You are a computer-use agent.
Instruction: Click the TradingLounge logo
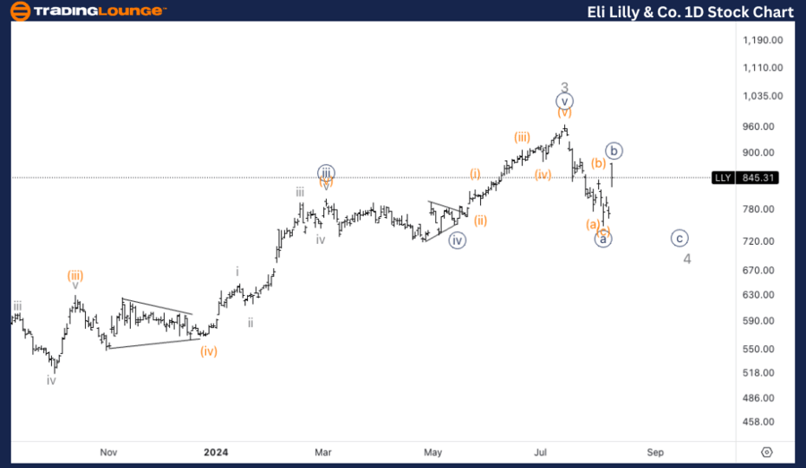click(x=88, y=12)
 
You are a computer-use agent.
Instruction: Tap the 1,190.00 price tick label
click(x=763, y=40)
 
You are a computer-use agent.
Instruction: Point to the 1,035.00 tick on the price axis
click(x=763, y=96)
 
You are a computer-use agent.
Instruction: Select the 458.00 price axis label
click(x=763, y=421)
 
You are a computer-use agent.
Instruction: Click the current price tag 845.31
click(x=758, y=178)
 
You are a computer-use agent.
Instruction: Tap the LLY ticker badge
click(x=723, y=178)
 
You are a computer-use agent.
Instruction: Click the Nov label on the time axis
click(x=108, y=453)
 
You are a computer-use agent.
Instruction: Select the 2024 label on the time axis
click(x=216, y=453)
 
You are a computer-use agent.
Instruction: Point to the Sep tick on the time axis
click(x=656, y=453)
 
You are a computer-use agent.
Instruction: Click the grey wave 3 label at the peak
click(x=564, y=88)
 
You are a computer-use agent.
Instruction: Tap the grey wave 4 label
click(x=687, y=259)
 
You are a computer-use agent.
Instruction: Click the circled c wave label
click(x=680, y=238)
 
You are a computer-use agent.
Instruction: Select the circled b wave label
click(x=613, y=151)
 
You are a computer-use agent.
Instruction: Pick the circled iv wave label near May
click(x=458, y=239)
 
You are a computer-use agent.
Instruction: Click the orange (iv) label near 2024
click(x=208, y=351)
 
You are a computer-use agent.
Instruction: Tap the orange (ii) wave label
click(x=481, y=221)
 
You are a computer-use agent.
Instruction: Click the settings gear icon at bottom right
click(x=767, y=453)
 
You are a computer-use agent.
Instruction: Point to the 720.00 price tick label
click(x=763, y=242)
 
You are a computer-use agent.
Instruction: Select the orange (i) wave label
click(x=475, y=173)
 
